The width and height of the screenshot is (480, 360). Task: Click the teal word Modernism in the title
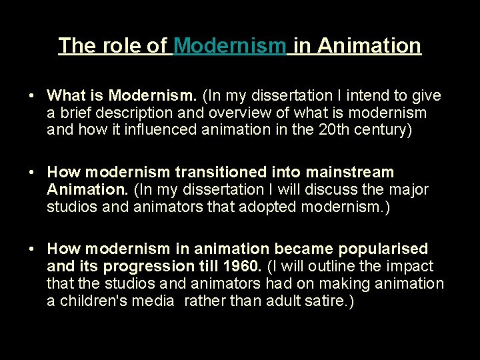tap(230, 45)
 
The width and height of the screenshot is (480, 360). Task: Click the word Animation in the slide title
tap(369, 45)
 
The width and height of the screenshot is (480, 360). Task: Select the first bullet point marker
tap(31, 96)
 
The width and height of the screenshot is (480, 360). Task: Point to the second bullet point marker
tap(31, 173)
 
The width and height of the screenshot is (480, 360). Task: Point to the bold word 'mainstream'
tap(354, 173)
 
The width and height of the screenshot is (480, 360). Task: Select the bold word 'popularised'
tap(383, 249)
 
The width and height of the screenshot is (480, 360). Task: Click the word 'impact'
tap(409, 267)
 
